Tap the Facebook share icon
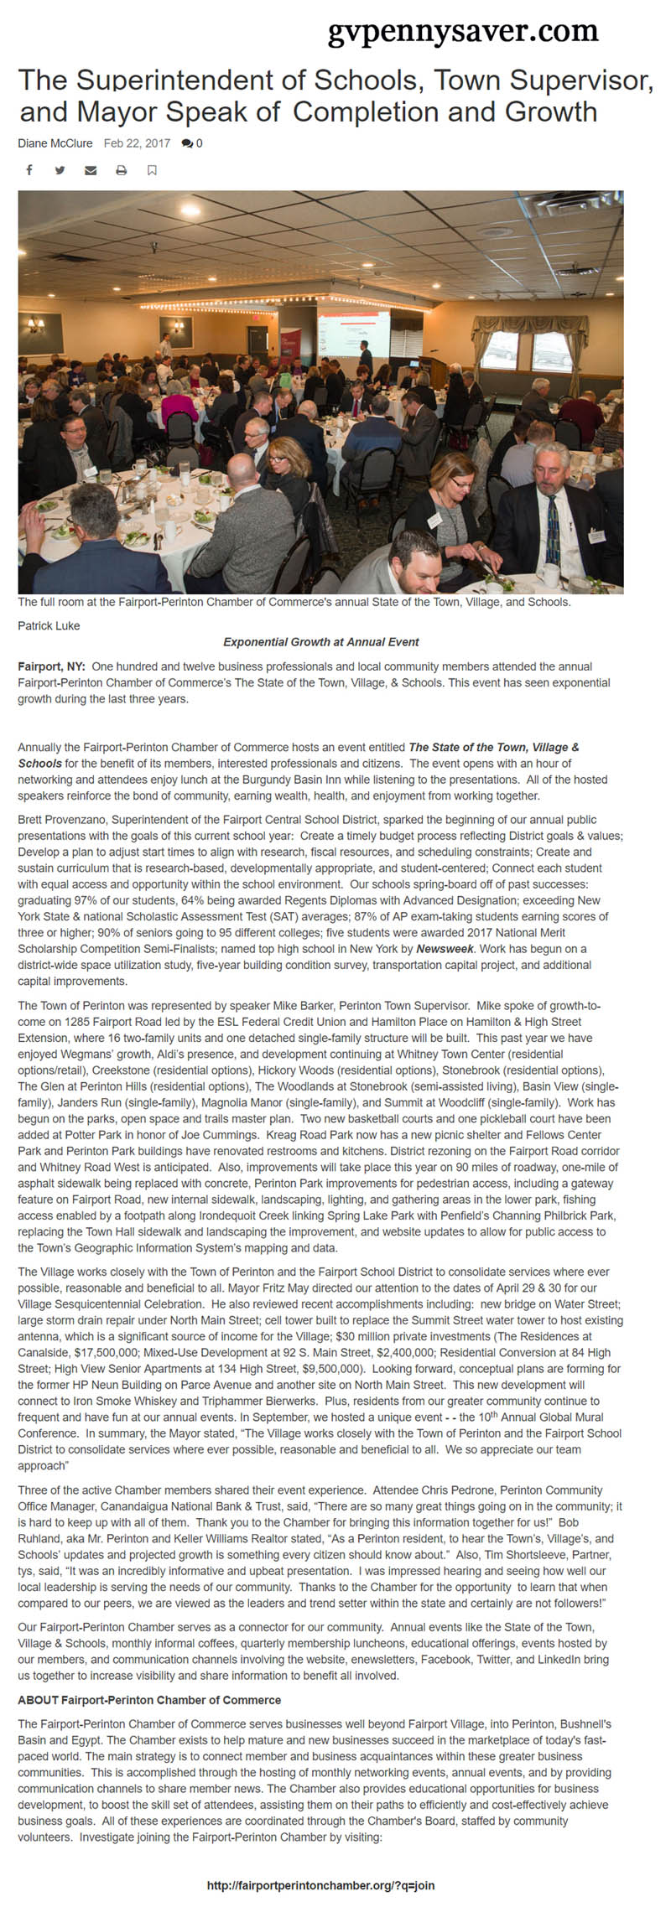pos(29,170)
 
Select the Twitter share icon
pos(60,170)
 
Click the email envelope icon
pos(91,170)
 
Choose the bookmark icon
pos(152,170)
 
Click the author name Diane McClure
pos(55,143)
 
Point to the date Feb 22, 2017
pos(137,143)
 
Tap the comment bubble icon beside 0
pos(186,144)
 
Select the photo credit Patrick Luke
pos(49,625)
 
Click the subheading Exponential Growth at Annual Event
pos(320,642)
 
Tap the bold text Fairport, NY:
pos(51,666)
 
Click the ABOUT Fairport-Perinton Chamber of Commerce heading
pos(149,1700)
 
